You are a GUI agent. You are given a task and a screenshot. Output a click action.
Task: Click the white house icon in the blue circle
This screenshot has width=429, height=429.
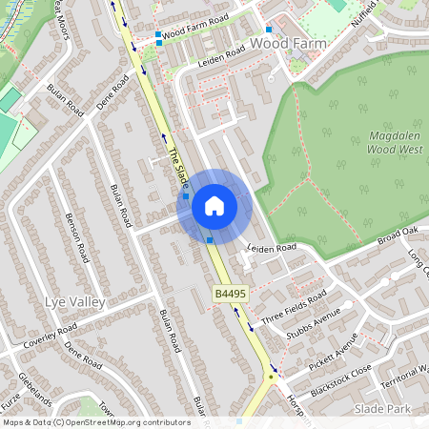tap(214, 205)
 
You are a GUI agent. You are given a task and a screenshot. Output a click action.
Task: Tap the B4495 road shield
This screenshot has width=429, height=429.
tap(230, 297)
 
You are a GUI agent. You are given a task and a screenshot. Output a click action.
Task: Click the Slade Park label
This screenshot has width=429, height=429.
tap(381, 408)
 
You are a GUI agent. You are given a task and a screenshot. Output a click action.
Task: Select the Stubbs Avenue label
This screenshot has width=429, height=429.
tap(313, 322)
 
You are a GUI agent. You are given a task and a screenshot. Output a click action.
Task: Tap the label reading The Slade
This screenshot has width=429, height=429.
tap(177, 167)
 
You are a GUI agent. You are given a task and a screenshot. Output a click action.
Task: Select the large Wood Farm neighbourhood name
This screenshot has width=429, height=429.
tap(288, 44)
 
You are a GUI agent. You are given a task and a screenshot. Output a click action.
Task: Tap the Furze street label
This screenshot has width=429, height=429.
tap(10, 393)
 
